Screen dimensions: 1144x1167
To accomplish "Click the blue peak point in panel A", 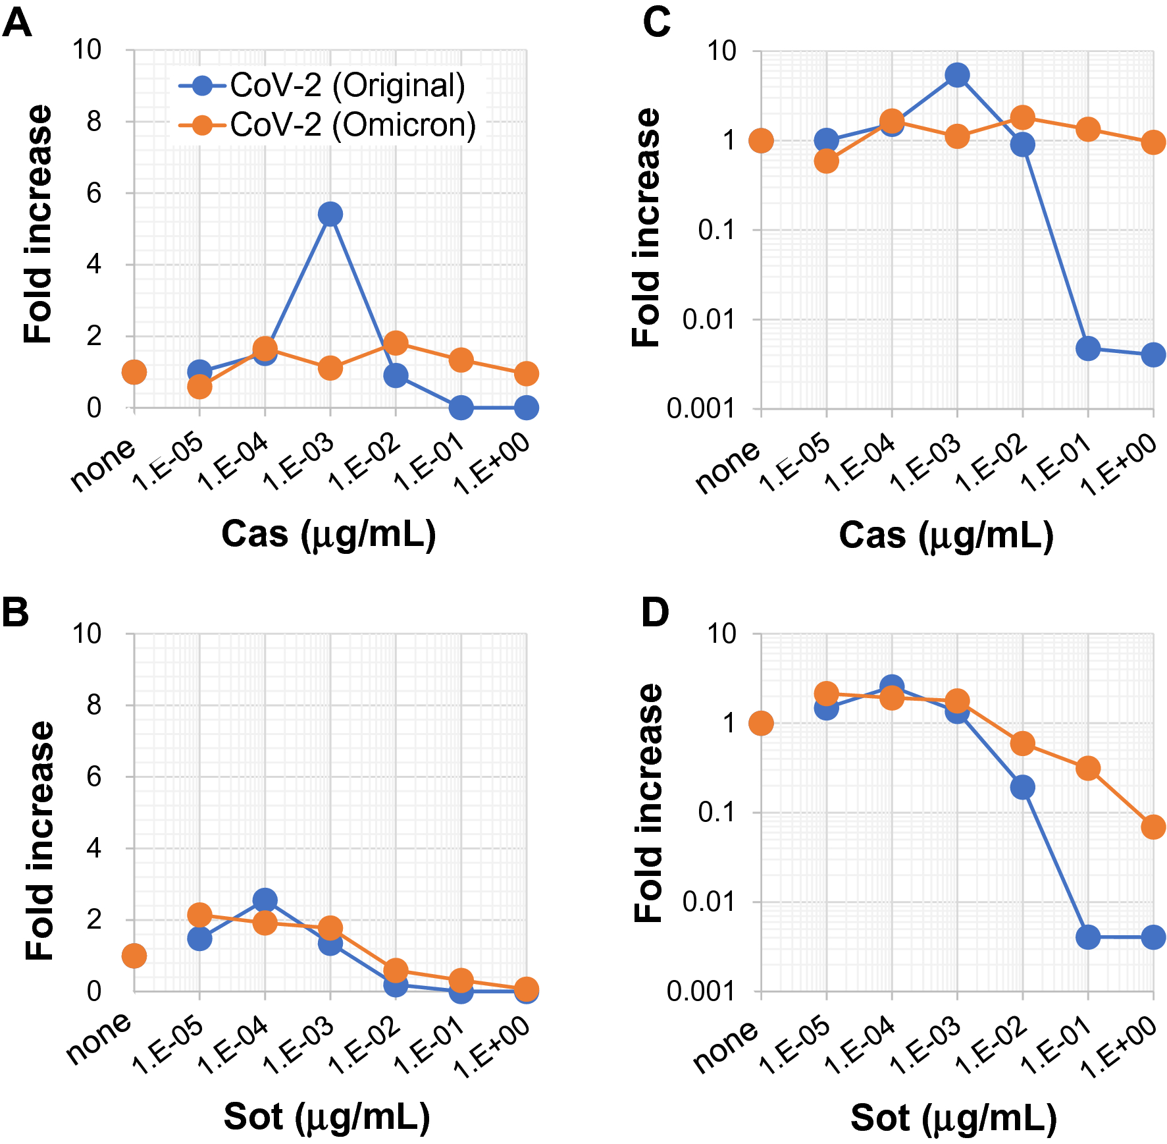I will click(x=330, y=214).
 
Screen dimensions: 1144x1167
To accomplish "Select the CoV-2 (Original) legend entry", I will click(x=323, y=86).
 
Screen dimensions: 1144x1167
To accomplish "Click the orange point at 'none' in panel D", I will click(x=761, y=723).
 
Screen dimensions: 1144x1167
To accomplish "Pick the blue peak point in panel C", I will click(x=957, y=75).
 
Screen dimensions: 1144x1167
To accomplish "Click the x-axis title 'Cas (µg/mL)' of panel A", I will click(x=328, y=533).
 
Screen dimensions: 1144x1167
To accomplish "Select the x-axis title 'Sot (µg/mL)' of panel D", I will click(x=954, y=1118).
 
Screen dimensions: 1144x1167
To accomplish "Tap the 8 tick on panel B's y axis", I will click(x=94, y=705).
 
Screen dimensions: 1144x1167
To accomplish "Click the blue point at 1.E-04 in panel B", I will click(x=265, y=900).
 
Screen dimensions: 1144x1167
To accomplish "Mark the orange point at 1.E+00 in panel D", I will click(x=1153, y=827).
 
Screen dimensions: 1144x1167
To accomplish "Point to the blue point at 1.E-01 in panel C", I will click(x=1088, y=348).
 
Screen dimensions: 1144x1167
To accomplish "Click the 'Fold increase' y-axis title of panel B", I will click(x=39, y=841).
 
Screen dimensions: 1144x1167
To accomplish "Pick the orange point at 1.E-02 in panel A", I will click(x=395, y=342).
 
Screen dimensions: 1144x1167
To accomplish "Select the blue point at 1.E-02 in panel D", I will click(x=1022, y=786).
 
